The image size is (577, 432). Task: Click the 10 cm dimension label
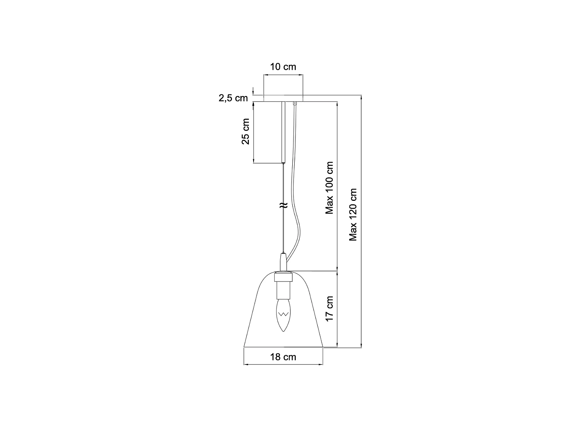click(283, 67)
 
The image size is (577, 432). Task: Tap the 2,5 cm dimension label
click(233, 98)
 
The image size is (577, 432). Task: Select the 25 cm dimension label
click(245, 131)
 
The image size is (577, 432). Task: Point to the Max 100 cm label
click(329, 188)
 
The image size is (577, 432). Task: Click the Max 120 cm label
click(353, 215)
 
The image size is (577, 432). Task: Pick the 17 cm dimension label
click(329, 309)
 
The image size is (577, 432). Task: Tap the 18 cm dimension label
click(283, 357)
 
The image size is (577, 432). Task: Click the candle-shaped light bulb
click(283, 316)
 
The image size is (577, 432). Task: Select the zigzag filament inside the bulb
click(283, 314)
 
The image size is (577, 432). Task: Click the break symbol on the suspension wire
click(283, 205)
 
